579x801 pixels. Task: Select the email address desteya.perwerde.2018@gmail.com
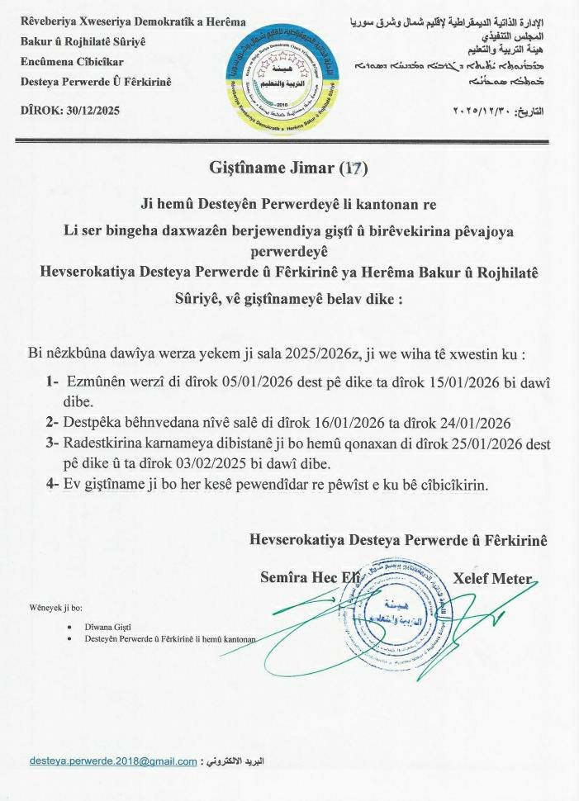coord(113,761)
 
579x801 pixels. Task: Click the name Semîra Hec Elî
coord(310,578)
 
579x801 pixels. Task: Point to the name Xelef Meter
coord(492,578)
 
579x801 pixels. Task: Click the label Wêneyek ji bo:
coord(56,607)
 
